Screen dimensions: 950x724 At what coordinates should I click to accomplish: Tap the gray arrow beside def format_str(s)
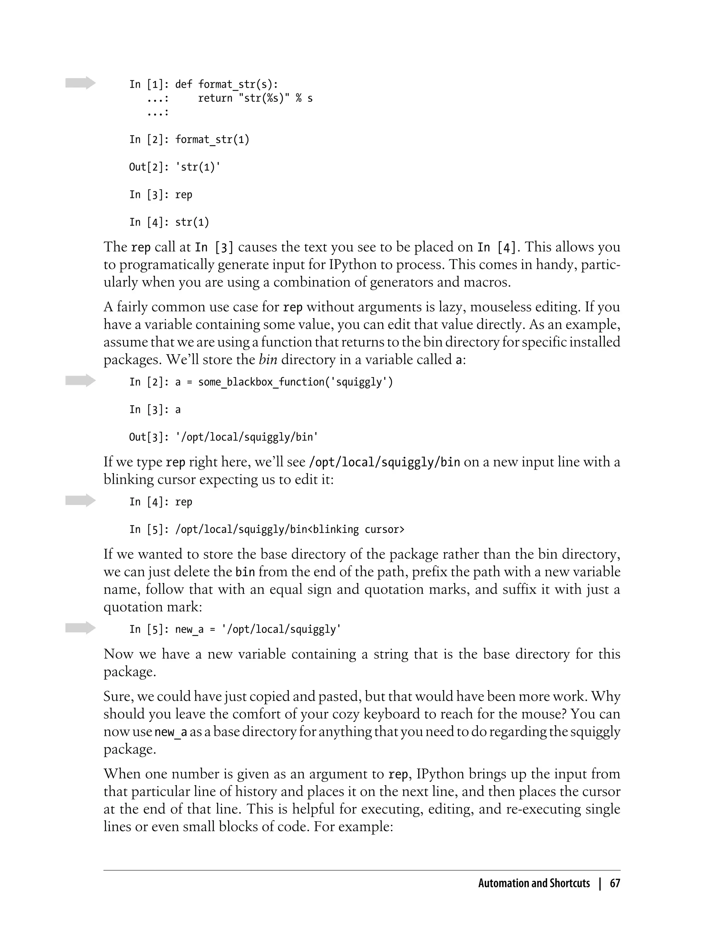(x=80, y=83)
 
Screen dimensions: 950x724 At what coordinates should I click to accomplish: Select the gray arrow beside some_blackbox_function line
(x=80, y=380)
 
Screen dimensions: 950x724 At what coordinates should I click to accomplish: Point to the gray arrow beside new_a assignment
(x=80, y=628)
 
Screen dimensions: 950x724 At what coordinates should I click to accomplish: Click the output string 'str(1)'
(x=198, y=167)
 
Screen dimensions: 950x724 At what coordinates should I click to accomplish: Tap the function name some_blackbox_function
(x=261, y=382)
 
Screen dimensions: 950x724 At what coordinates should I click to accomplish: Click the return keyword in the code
(x=215, y=99)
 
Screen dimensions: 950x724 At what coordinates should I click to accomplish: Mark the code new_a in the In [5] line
(x=189, y=629)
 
